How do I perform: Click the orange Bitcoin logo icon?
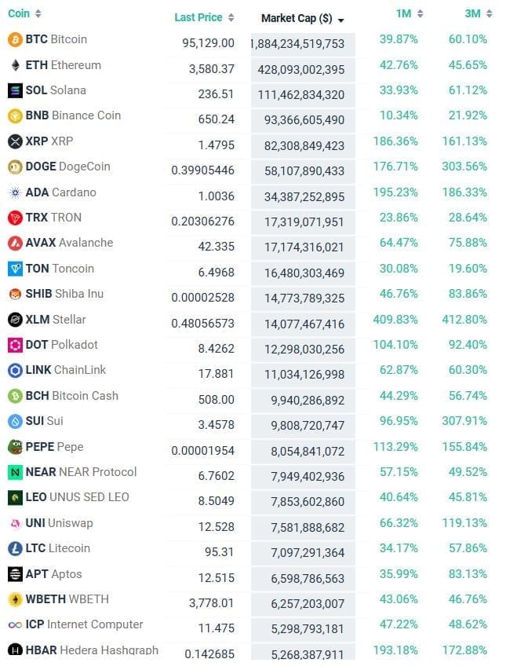pos(14,39)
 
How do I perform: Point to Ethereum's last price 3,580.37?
pos(211,69)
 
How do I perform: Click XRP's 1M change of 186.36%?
pos(399,141)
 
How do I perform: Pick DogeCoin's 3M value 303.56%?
pos(467,167)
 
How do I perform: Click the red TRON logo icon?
pos(14,218)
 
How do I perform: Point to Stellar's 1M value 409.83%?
pos(397,320)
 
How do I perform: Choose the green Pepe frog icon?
pos(14,447)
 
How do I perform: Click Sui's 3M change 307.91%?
pos(467,422)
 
